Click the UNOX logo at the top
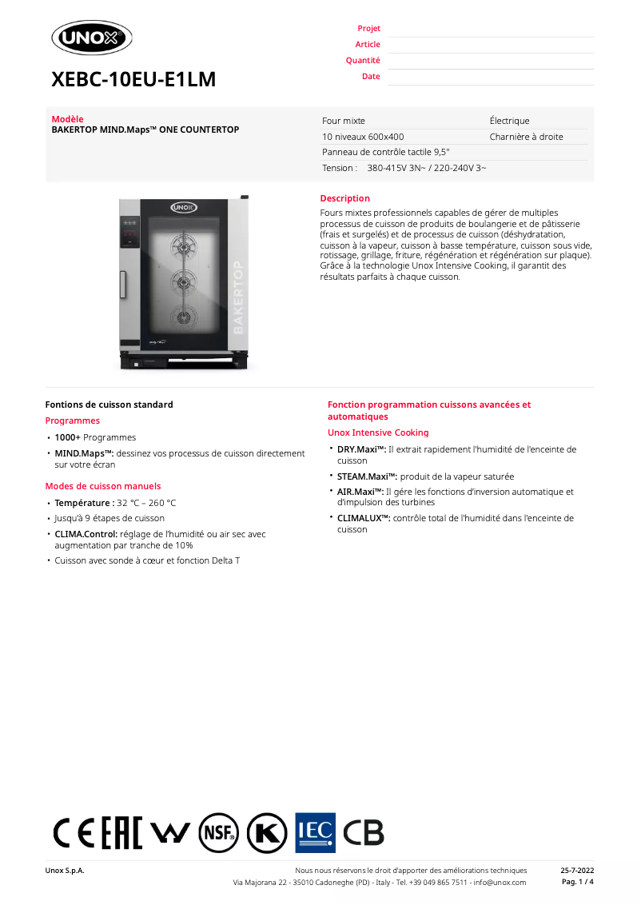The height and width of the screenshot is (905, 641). coord(92,38)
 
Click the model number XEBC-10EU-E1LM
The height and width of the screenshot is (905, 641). coord(133,80)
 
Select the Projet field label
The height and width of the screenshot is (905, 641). coord(368,29)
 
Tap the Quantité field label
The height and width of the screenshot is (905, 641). coord(363,61)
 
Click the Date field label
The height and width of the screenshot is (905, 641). coord(371,77)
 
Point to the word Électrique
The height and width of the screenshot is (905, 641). coord(509,121)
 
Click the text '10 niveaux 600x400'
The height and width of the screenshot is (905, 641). coord(363,137)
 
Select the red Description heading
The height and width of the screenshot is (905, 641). coord(344,198)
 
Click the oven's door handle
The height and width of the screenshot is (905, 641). coord(123,284)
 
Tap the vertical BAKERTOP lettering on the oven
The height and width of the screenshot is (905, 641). coord(237,297)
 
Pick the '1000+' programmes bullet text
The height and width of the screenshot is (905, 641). coord(67,437)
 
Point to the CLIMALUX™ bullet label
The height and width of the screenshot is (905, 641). coord(364,518)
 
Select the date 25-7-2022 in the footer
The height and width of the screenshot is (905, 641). coord(577,870)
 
